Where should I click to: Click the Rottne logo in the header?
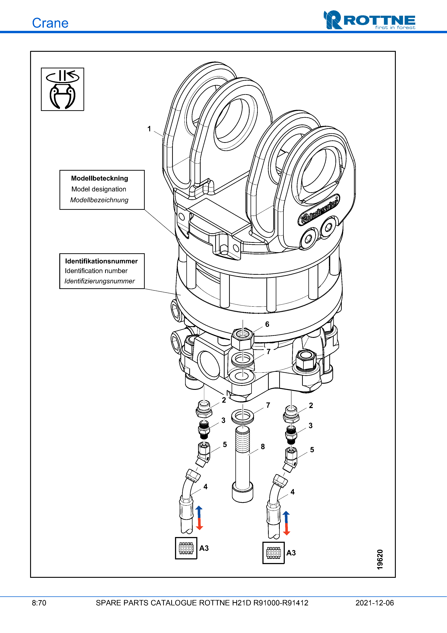coord(369,20)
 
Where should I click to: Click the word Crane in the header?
coord(50,23)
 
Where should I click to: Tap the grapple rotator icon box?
coord(63,89)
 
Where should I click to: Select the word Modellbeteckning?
coord(99,178)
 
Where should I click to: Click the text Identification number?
coord(96,271)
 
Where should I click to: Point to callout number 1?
coord(149,129)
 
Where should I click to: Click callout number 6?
coord(267,324)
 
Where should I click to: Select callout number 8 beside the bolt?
coord(263,447)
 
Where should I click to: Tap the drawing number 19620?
coord(380,559)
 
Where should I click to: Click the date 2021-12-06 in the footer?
coord(375,603)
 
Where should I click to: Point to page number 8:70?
coord(39,603)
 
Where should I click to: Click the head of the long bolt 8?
coord(243,492)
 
